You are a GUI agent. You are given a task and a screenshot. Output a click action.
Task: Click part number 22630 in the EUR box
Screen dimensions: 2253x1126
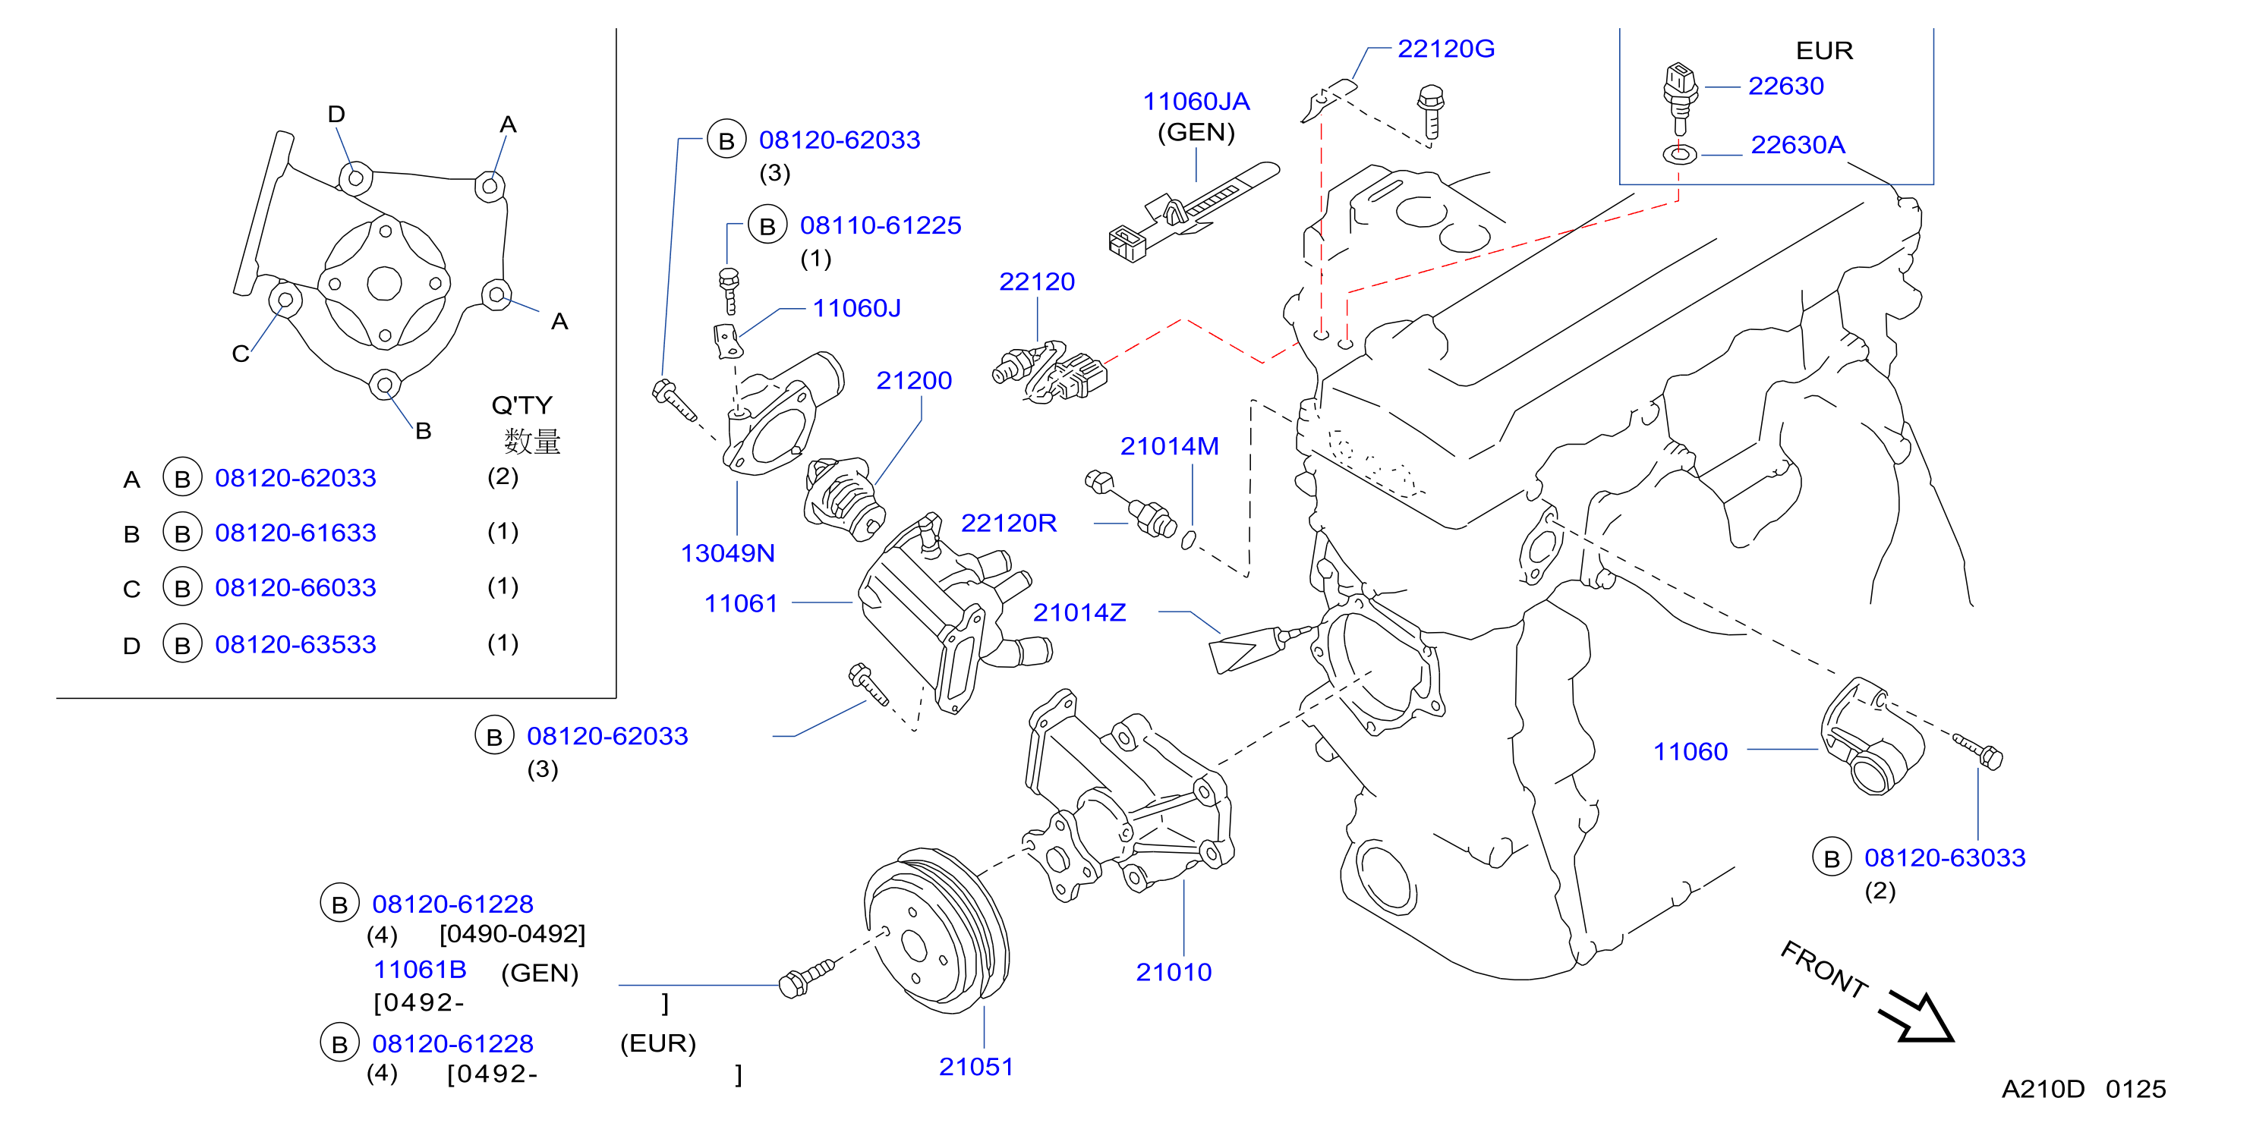(1785, 86)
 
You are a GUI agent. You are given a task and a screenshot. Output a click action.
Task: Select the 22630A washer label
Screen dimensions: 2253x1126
(1798, 144)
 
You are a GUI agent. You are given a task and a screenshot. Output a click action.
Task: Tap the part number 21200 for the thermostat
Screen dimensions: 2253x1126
(914, 380)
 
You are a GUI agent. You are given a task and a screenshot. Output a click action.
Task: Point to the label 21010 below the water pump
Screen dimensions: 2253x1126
(1174, 971)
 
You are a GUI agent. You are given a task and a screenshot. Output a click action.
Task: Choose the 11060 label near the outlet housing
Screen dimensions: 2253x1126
(1691, 751)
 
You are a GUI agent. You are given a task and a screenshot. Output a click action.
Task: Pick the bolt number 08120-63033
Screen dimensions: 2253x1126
(1944, 857)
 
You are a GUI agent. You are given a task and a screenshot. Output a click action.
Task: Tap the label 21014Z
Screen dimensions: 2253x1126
(1079, 612)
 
